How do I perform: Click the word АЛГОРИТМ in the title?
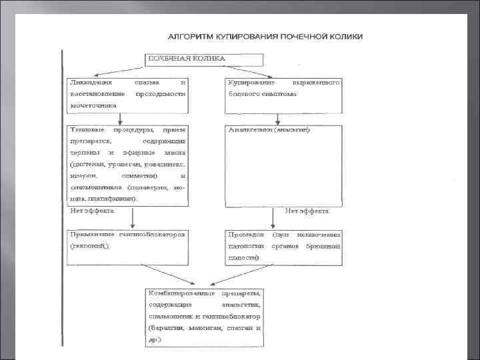tap(189, 36)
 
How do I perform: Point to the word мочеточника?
tap(93, 105)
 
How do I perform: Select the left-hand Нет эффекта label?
tap(92, 211)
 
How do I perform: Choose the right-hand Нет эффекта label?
tap(307, 211)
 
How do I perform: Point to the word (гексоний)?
tap(89, 246)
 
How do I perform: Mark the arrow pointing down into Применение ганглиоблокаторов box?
tap(133, 219)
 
